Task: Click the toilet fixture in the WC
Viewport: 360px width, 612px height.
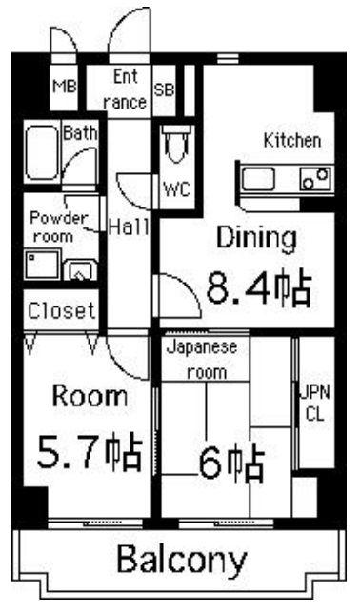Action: (177, 148)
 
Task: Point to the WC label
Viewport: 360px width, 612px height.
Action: (177, 188)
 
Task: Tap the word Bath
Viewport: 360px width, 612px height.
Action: (80, 134)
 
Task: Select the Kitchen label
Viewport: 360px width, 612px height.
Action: (291, 141)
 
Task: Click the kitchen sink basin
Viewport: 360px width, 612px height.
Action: (259, 178)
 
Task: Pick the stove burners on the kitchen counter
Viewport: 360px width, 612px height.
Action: (315, 177)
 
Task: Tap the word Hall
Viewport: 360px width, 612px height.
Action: (127, 227)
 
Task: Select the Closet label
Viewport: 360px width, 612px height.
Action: (60, 309)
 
